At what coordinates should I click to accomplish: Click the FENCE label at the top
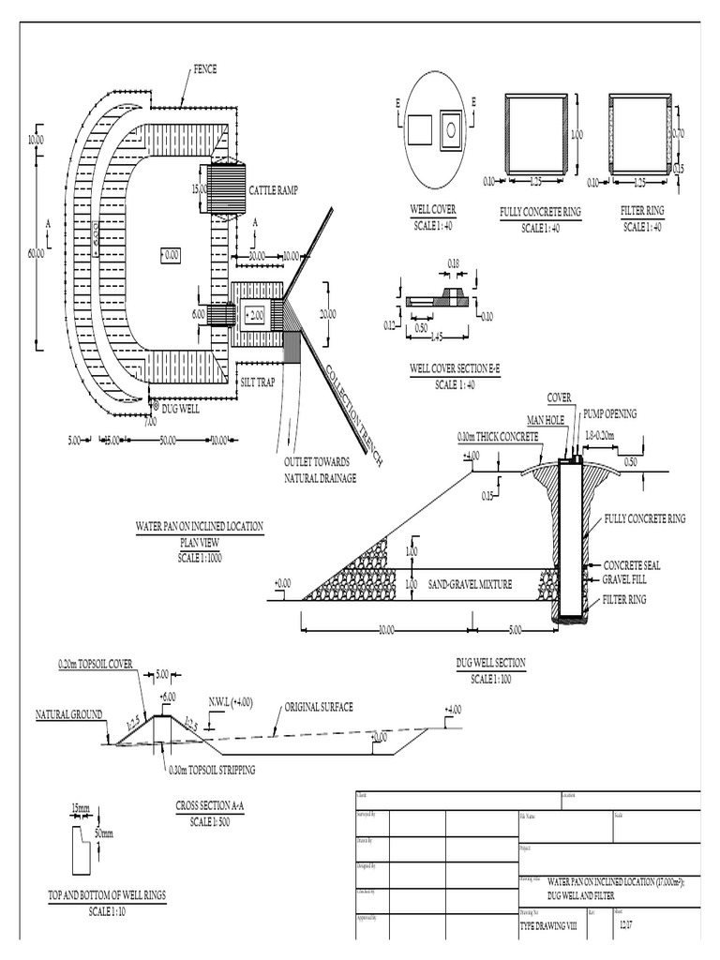click(206, 69)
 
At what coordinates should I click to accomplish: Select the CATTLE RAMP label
click(274, 191)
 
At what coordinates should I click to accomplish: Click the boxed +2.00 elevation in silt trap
click(253, 315)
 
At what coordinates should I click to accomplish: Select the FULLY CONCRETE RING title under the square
click(540, 213)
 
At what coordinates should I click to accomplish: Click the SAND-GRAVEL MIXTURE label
click(470, 584)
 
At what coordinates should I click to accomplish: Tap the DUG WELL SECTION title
click(491, 663)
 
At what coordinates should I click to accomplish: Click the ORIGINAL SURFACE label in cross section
click(318, 706)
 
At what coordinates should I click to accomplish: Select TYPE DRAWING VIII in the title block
click(550, 923)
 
